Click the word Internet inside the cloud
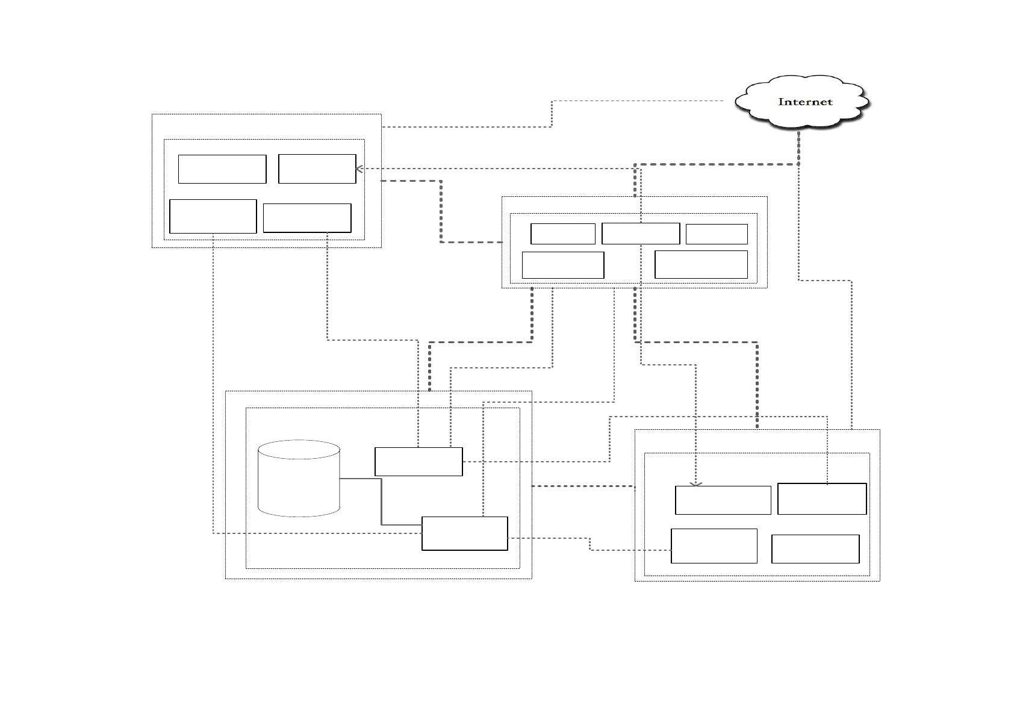(x=805, y=102)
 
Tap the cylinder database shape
(x=299, y=479)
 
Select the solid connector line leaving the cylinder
(x=382, y=501)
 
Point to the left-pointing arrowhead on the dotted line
(x=359, y=169)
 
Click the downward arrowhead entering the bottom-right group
(x=695, y=485)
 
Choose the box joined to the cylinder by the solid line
(x=464, y=533)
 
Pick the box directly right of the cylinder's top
(x=418, y=462)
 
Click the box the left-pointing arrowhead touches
(x=317, y=169)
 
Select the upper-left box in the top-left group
(x=222, y=169)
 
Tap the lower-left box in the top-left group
(x=213, y=216)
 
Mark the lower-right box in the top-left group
(x=307, y=218)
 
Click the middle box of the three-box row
(x=641, y=234)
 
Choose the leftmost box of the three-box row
(x=563, y=234)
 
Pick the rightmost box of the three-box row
(x=717, y=234)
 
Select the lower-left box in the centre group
(x=563, y=265)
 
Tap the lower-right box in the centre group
(x=701, y=265)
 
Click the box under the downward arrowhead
(x=723, y=500)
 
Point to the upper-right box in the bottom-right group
(x=822, y=499)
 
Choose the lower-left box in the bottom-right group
(x=714, y=546)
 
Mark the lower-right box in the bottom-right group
(x=815, y=549)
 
